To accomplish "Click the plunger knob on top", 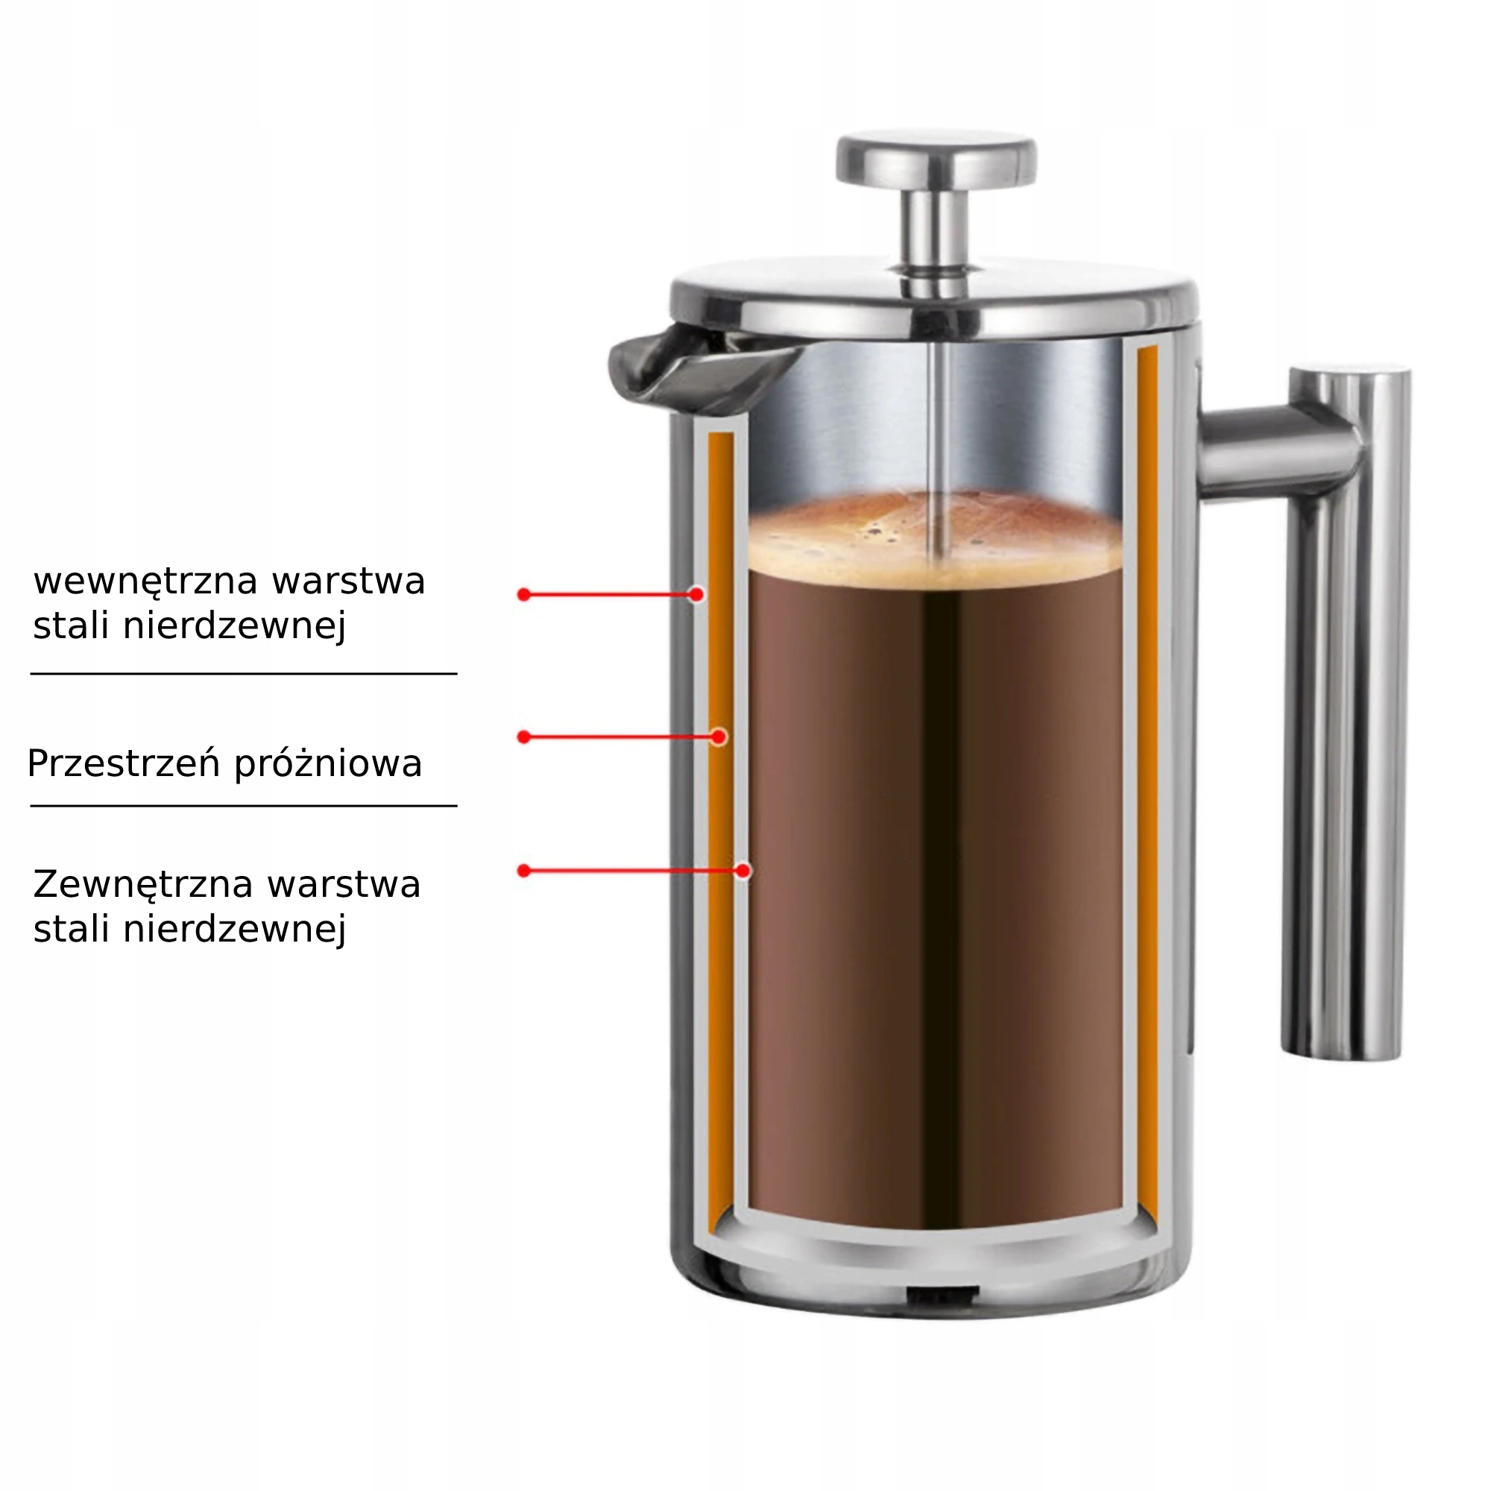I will click(936, 160).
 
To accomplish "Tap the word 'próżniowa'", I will click(328, 764).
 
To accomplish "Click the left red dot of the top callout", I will click(524, 594).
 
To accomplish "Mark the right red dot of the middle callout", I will click(719, 737).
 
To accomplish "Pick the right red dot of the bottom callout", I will click(743, 871).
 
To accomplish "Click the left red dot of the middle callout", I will click(524, 737).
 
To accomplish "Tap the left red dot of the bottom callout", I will click(524, 871).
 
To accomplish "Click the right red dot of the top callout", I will click(696, 594).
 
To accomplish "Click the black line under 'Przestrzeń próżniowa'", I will click(244, 806).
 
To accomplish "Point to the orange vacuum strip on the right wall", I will click(1147, 772).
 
